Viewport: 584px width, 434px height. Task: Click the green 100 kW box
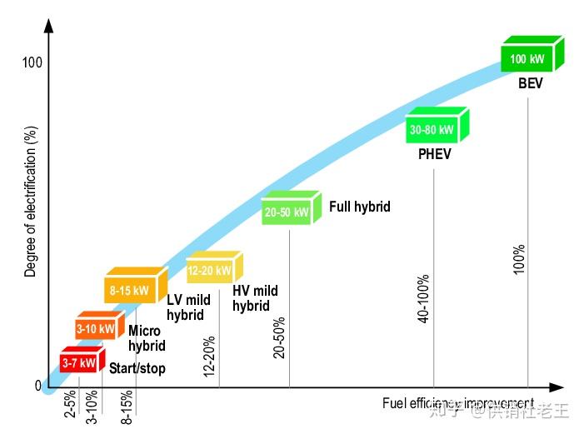click(530, 58)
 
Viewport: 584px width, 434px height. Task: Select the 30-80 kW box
click(432, 129)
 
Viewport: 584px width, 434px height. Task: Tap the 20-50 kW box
click(287, 212)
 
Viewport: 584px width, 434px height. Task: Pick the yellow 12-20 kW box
click(211, 270)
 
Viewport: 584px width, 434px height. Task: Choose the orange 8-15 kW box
click(131, 291)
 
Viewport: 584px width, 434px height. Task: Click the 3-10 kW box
click(96, 328)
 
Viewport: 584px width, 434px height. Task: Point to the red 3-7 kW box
click(79, 362)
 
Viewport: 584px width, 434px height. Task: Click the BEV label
click(531, 83)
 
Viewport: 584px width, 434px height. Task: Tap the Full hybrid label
click(360, 207)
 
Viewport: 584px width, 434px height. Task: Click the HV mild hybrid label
click(255, 298)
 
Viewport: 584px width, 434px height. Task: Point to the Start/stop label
click(137, 368)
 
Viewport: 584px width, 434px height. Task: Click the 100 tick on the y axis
click(32, 63)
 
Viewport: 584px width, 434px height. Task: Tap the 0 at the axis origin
click(37, 386)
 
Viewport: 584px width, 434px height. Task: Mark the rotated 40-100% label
click(423, 298)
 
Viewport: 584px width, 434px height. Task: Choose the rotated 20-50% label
click(279, 337)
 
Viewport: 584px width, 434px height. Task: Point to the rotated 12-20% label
click(209, 356)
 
